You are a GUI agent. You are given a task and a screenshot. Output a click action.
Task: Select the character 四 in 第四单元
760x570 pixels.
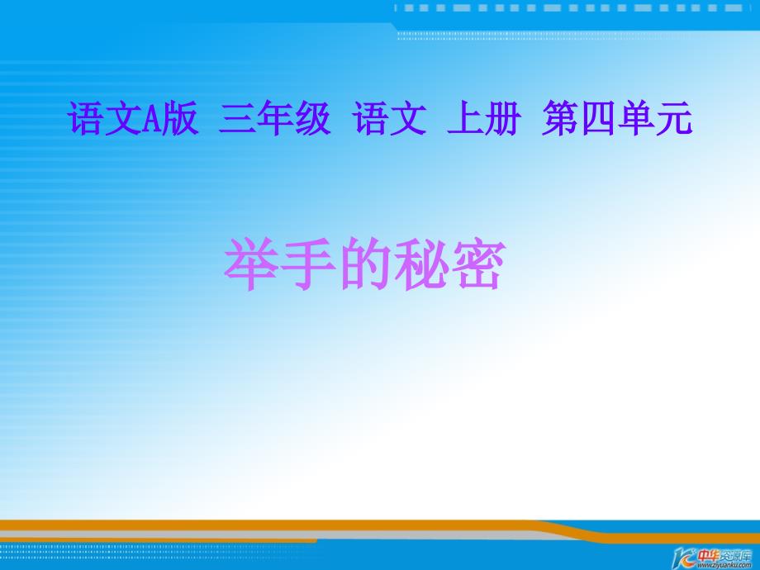pos(598,119)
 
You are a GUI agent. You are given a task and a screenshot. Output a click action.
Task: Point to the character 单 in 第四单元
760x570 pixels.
pos(635,118)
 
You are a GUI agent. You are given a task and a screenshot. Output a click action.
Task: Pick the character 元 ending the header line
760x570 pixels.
pos(674,119)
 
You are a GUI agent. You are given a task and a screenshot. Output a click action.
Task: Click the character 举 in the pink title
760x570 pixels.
pos(252,264)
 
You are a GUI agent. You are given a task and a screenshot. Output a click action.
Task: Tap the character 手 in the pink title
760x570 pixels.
pos(308,264)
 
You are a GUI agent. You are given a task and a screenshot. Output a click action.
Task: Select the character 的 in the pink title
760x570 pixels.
pos(364,264)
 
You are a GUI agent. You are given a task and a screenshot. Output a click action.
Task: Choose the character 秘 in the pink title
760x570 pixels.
pos(420,264)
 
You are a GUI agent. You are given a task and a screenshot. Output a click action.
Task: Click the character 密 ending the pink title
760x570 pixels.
pos(477,264)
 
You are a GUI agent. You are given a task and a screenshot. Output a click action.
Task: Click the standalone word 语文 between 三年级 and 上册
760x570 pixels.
pos(390,118)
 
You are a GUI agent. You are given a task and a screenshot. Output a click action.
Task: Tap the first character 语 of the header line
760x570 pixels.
pos(86,118)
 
